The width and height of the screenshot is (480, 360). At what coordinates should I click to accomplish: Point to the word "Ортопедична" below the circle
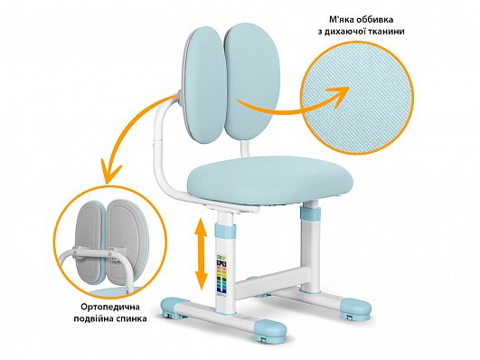pyautogui.click(x=110, y=307)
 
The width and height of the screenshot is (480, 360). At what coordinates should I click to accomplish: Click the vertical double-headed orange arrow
pyautogui.click(x=201, y=253)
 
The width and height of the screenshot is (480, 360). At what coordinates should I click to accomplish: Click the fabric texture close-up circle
pyautogui.click(x=358, y=98)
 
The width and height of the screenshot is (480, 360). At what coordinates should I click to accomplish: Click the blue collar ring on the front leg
pyautogui.click(x=224, y=231)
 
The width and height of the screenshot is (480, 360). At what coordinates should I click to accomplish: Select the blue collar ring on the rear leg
pyautogui.click(x=309, y=212)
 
